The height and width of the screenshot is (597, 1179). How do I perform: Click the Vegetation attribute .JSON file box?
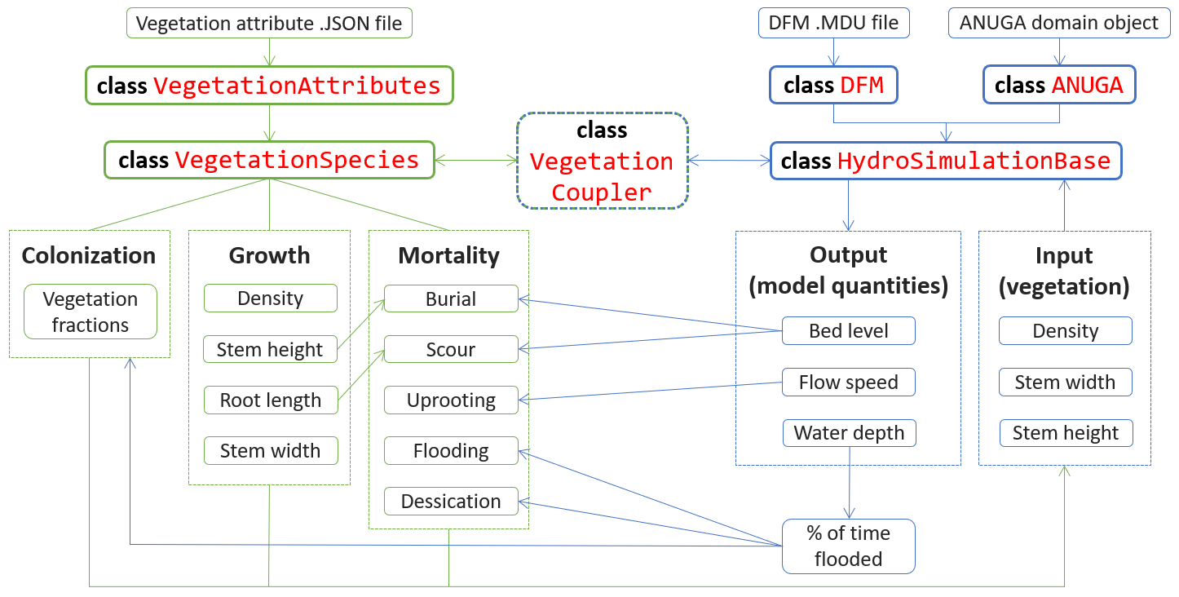[268, 24]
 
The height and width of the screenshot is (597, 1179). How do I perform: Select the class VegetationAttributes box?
[268, 86]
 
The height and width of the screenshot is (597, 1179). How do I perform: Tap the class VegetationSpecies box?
[268, 160]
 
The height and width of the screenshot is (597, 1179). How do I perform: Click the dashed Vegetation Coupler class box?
[602, 161]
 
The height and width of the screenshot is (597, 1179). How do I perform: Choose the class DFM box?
[833, 86]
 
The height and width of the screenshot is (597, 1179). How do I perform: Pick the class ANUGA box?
[1058, 86]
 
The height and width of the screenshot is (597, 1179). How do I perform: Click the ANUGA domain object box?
[1058, 24]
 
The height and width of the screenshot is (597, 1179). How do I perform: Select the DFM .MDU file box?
[833, 24]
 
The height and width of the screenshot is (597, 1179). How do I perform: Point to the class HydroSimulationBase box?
[946, 161]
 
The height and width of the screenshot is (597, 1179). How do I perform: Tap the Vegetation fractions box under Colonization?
[90, 312]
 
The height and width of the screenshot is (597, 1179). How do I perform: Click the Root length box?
[270, 400]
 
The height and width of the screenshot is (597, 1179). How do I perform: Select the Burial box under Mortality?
[450, 299]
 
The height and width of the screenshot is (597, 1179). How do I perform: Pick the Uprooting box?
[450, 400]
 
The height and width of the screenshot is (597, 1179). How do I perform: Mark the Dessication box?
[450, 502]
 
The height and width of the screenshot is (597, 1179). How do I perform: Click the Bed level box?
[848, 331]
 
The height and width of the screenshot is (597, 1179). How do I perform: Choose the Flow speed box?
[848, 383]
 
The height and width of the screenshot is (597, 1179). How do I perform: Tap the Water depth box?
[848, 433]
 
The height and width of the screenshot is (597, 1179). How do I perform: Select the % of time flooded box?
[848, 546]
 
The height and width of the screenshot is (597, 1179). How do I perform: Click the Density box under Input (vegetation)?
[1065, 331]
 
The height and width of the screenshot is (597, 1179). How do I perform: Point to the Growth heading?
[269, 255]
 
